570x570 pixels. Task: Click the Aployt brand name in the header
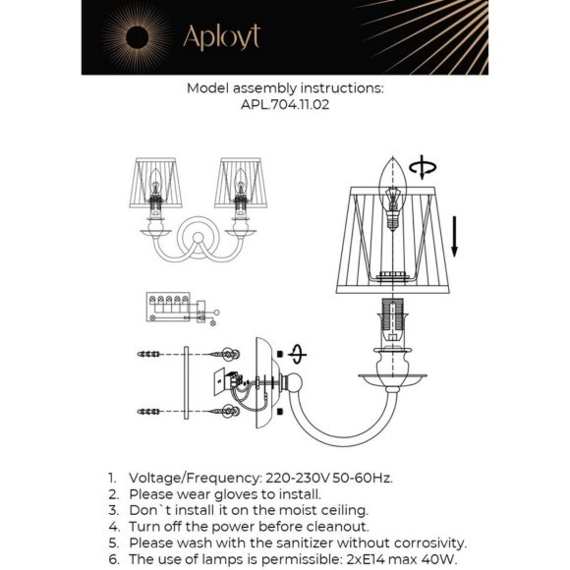pyautogui.click(x=222, y=37)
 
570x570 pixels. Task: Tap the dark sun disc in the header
pyautogui.click(x=137, y=37)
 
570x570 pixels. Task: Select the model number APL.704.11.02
pyautogui.click(x=285, y=105)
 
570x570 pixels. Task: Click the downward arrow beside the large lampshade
pyautogui.click(x=454, y=237)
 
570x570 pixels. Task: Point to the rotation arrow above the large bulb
pyautogui.click(x=423, y=167)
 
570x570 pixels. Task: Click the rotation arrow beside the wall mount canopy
pyautogui.click(x=298, y=354)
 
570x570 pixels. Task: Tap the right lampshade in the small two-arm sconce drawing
pyautogui.click(x=241, y=183)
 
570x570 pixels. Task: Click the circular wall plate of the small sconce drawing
pyautogui.click(x=199, y=223)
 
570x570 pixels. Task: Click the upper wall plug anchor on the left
pyautogui.click(x=148, y=354)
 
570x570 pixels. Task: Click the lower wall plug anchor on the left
pyautogui.click(x=148, y=412)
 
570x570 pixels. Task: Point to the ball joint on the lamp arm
pyautogui.click(x=292, y=382)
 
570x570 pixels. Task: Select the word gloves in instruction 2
pyautogui.click(x=236, y=494)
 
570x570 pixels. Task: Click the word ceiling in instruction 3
pyautogui.click(x=343, y=511)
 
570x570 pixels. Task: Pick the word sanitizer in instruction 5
pyautogui.click(x=305, y=542)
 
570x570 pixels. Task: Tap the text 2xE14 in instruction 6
pyautogui.click(x=366, y=559)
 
